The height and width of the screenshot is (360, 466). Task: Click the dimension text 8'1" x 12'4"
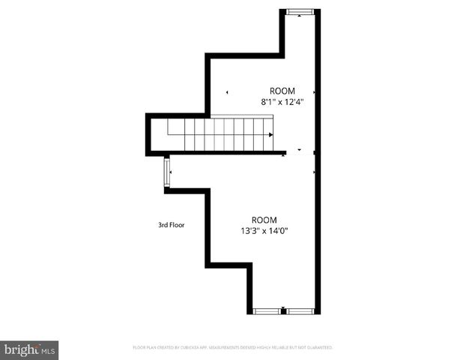pos(282,100)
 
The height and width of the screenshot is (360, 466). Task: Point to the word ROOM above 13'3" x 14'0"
pos(264,220)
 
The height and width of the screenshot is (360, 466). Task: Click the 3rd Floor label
pos(171,224)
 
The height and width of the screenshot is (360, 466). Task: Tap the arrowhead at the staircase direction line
pos(270,134)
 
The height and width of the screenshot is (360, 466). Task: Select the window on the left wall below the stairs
pos(166,172)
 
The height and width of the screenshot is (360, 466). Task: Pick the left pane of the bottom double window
pos(267,310)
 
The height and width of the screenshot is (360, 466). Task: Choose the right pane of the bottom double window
pos(300,310)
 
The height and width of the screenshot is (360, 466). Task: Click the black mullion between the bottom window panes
pos(283,310)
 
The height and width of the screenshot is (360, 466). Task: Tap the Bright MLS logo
pos(29,349)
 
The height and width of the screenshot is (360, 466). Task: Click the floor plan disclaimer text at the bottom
pos(232,347)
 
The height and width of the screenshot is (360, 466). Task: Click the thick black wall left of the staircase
pos(148,134)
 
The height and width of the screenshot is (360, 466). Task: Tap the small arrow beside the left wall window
pos(172,172)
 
